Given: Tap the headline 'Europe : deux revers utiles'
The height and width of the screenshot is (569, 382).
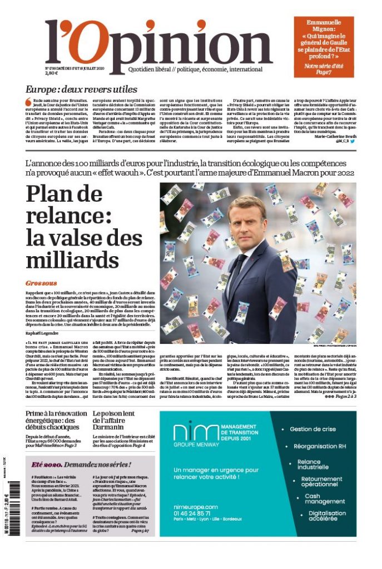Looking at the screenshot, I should tap(81, 89).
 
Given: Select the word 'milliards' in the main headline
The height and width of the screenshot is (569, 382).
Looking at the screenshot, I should tap(73, 261).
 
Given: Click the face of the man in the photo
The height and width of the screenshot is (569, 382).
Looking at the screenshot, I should tap(246, 223).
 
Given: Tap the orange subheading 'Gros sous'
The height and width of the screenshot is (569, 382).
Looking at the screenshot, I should tap(42, 283).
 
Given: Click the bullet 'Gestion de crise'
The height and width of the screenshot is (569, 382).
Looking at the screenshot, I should tap(314, 429).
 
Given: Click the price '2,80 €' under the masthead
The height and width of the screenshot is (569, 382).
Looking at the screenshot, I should tap(52, 73).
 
